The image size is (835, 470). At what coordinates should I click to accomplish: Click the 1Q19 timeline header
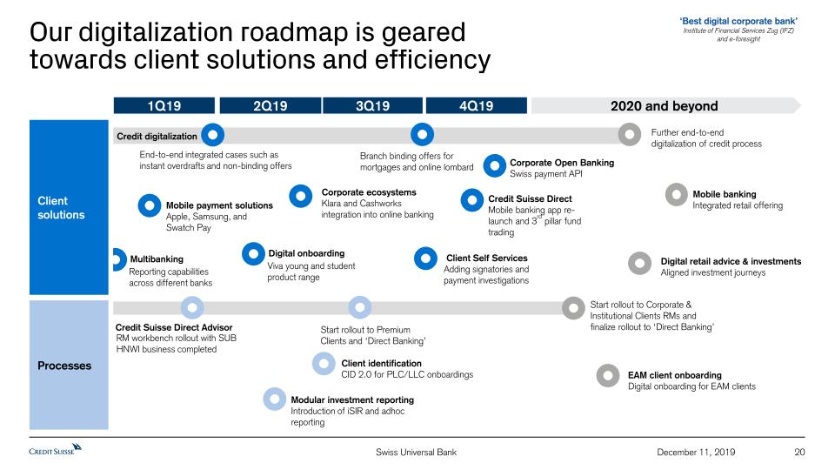click(x=164, y=106)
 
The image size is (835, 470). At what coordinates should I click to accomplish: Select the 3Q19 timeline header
click(x=372, y=106)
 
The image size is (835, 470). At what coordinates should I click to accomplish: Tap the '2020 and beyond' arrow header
click(x=665, y=106)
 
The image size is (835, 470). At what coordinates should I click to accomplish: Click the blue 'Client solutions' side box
click(x=70, y=207)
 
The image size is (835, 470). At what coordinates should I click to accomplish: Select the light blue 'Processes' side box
click(x=70, y=366)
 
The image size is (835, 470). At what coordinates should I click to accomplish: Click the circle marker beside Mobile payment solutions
click(x=150, y=205)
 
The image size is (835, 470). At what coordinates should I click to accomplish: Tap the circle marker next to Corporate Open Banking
click(x=494, y=165)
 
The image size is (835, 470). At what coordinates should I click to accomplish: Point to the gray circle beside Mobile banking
click(x=677, y=195)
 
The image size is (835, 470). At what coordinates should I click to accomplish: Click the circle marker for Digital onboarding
click(x=253, y=253)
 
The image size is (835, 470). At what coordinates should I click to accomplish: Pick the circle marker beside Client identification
click(x=325, y=365)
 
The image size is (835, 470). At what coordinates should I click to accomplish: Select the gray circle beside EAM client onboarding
click(x=608, y=375)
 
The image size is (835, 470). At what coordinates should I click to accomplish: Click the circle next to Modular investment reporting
click(x=275, y=399)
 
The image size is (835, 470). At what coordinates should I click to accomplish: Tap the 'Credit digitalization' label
click(x=157, y=137)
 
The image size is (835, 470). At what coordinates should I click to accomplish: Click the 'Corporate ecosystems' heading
click(x=369, y=192)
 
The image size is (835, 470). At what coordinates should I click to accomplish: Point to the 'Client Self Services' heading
click(x=486, y=258)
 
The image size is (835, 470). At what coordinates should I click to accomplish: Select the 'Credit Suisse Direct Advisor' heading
click(x=174, y=327)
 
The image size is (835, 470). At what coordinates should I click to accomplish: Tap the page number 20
click(x=800, y=452)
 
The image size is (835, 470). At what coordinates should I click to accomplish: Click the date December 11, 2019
click(x=697, y=452)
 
